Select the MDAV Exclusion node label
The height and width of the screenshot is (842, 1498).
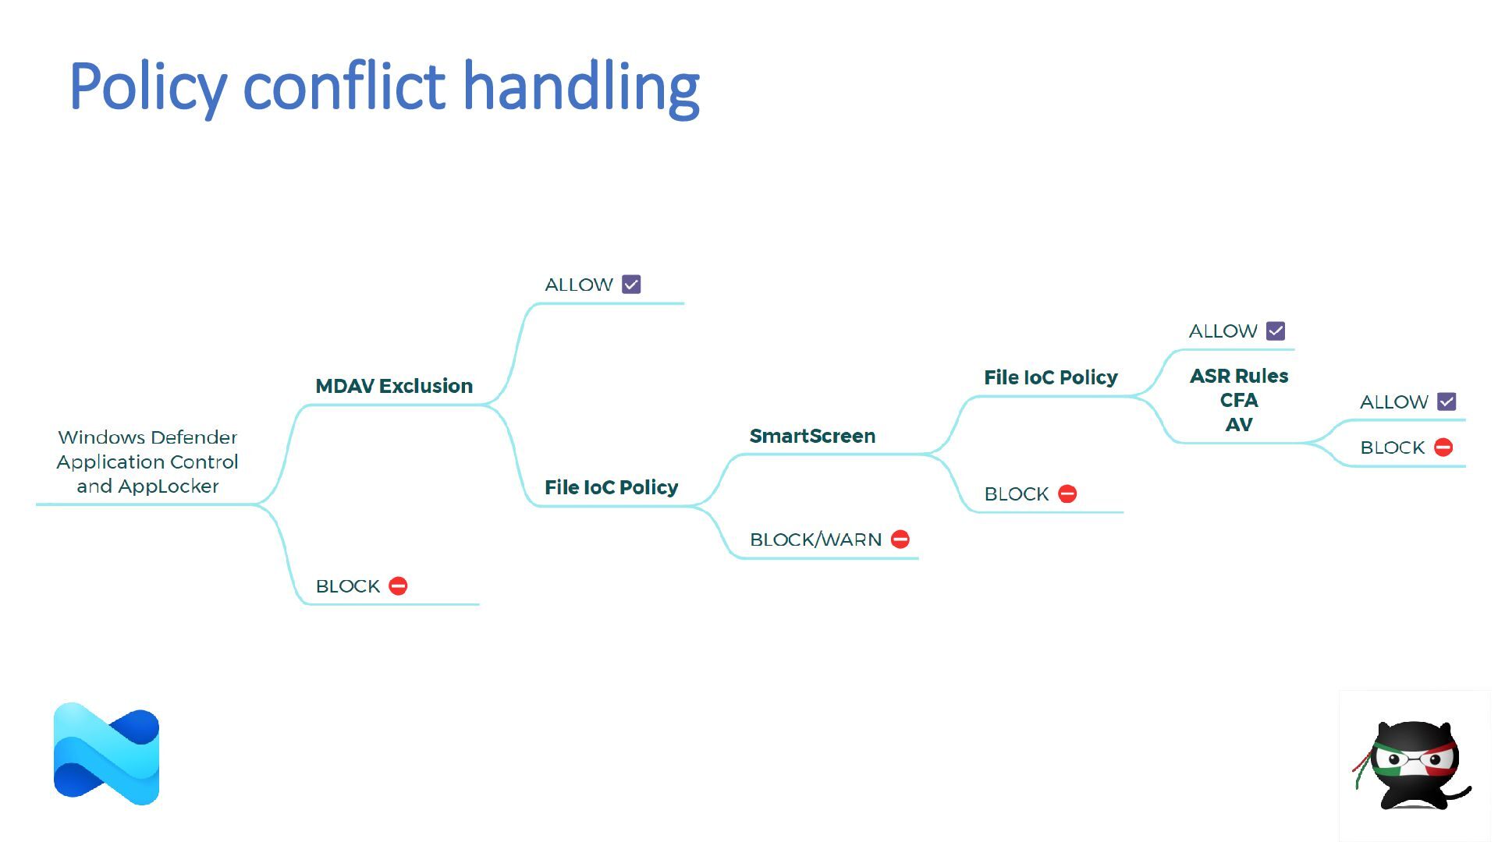click(394, 386)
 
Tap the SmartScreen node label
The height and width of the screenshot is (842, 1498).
click(812, 436)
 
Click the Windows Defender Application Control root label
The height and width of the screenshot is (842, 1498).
click(147, 462)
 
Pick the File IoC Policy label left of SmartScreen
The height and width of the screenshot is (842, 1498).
click(611, 487)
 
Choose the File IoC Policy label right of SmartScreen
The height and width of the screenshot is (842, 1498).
click(1050, 377)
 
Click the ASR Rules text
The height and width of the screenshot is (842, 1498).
click(1239, 376)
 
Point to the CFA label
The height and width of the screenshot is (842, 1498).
click(1239, 400)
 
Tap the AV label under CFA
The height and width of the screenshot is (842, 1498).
click(1239, 425)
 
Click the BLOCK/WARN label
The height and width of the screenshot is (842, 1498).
click(815, 540)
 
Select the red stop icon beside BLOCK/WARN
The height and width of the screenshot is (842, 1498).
click(900, 540)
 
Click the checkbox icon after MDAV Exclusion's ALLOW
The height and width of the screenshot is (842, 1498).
click(631, 285)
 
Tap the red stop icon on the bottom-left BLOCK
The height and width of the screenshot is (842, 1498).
click(398, 586)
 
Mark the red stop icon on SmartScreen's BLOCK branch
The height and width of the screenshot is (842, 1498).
click(1067, 494)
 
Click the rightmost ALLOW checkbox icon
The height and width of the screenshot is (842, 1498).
click(1447, 402)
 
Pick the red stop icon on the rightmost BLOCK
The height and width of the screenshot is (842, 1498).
click(1443, 448)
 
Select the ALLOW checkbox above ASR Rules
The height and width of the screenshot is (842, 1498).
click(1276, 331)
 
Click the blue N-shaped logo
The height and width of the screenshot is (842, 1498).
click(106, 754)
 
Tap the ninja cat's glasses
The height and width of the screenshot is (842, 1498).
click(1415, 758)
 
